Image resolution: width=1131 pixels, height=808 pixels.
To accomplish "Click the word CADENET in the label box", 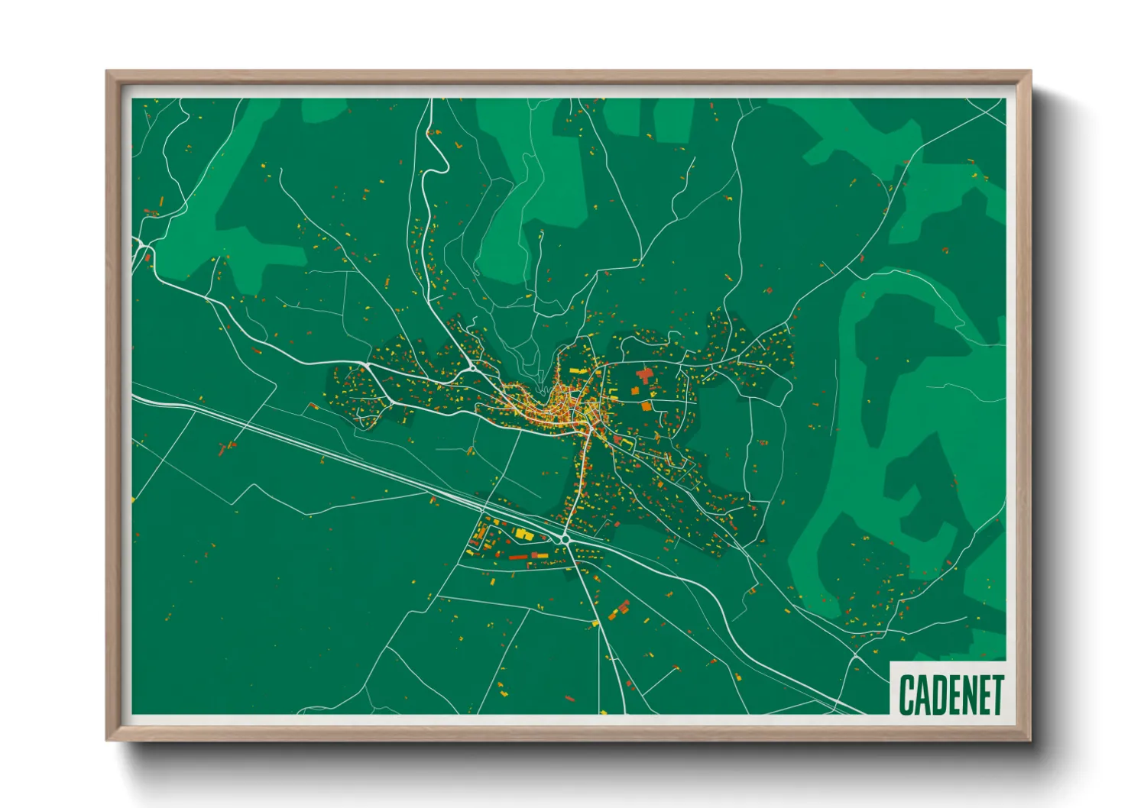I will [950, 694].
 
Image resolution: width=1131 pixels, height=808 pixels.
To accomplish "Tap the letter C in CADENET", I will [907, 694].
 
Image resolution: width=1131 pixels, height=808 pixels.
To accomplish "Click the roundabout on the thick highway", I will [565, 540].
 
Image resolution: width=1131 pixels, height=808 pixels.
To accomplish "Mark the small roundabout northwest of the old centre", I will [474, 367].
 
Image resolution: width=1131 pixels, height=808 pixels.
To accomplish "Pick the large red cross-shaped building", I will [645, 375].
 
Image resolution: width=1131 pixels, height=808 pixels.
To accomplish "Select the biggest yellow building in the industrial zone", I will [523, 534].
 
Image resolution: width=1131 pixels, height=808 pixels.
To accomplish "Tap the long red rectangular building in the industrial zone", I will [520, 557].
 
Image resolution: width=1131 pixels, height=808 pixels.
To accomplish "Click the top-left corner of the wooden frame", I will [107, 72].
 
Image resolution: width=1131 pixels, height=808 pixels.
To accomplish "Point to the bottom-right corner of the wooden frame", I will [1030, 740].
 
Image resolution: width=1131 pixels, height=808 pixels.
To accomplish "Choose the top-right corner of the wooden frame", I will [1030, 72].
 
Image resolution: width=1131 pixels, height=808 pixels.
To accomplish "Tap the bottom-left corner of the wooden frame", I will [107, 740].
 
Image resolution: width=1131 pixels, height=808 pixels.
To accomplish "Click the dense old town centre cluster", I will [562, 405].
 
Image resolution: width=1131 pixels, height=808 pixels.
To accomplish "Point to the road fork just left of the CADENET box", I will [856, 655].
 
